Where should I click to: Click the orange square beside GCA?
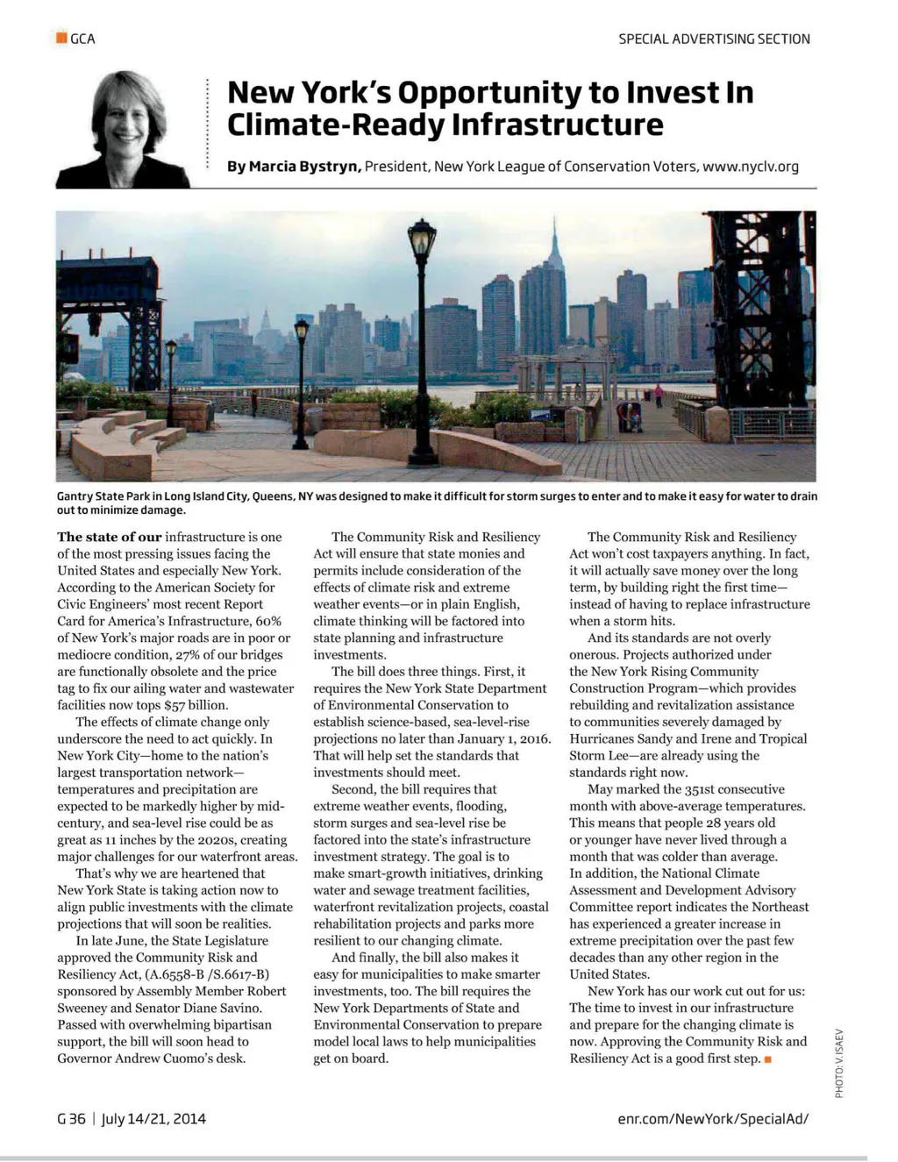[x=61, y=38]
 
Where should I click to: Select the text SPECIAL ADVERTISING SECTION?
[x=714, y=39]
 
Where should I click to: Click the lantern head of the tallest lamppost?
[x=422, y=238]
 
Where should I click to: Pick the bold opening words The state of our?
[x=110, y=537]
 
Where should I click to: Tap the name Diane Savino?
[x=210, y=1009]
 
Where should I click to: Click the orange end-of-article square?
[x=768, y=1059]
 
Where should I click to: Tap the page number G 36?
[x=71, y=1119]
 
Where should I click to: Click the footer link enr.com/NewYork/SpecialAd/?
[x=713, y=1119]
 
